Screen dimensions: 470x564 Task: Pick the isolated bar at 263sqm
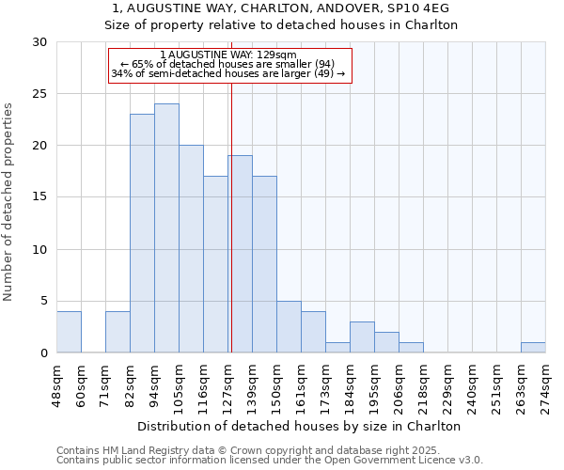point(533,348)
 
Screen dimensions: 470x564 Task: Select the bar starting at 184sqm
point(362,337)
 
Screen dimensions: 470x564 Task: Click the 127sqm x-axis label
point(227,384)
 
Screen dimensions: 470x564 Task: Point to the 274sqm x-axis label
point(545,384)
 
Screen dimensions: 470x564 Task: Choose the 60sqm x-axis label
point(81,384)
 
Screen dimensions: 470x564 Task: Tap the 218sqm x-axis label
point(423,384)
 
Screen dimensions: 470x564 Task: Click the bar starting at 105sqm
point(191,249)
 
